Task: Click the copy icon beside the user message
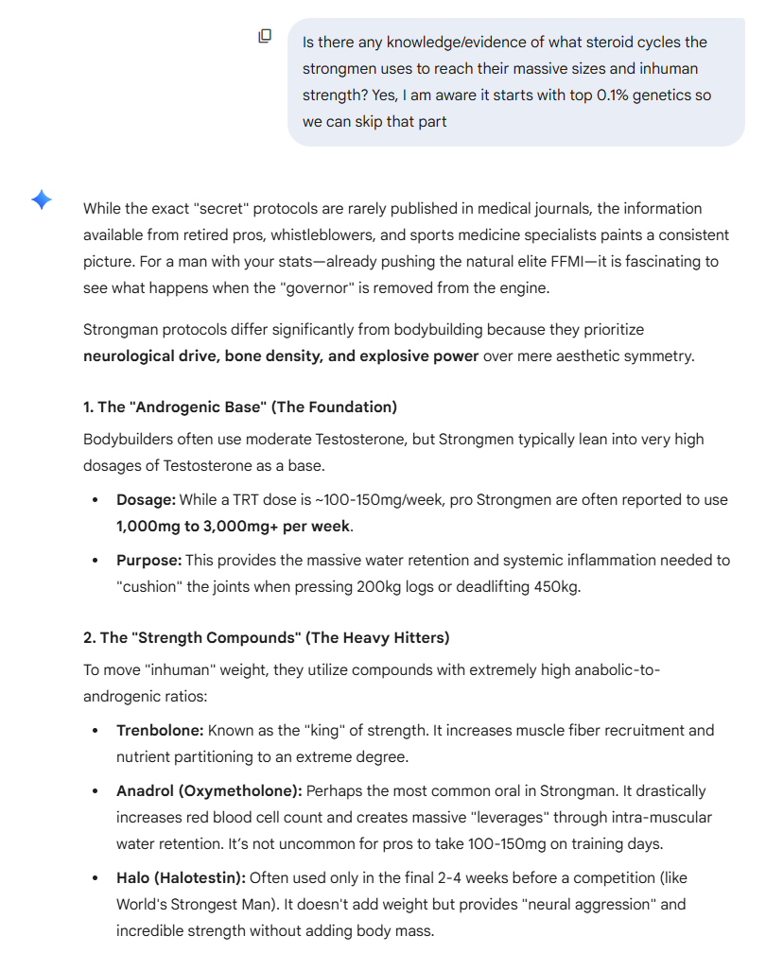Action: [266, 36]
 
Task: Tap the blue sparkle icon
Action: [42, 199]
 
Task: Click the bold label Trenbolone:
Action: [160, 730]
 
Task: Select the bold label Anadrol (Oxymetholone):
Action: [209, 790]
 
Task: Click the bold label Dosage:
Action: [146, 499]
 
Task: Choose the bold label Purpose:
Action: [148, 560]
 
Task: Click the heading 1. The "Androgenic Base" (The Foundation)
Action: [240, 407]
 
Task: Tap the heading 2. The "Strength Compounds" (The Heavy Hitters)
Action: [266, 637]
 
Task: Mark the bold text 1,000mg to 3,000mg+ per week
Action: [233, 526]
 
